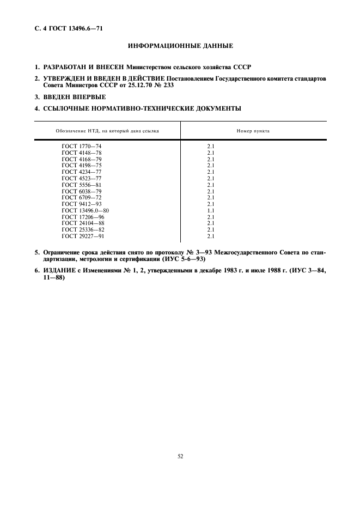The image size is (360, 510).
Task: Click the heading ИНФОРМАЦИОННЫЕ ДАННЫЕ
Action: tap(180, 45)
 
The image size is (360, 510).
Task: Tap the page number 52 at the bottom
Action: tap(180, 456)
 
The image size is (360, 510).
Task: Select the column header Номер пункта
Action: tap(253, 131)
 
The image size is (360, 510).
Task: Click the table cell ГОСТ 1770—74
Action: tap(81, 147)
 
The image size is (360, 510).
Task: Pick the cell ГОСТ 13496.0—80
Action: tap(85, 210)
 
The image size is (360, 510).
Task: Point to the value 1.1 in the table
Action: tap(211, 210)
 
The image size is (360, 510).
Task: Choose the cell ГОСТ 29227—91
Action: tap(83, 236)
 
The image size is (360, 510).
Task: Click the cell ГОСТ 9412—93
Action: tap(81, 204)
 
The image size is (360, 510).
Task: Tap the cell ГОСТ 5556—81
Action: tap(81, 185)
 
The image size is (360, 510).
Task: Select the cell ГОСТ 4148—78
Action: tap(81, 153)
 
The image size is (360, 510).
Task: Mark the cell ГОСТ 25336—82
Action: tap(83, 229)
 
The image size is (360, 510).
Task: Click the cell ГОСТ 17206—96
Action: tap(83, 217)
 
